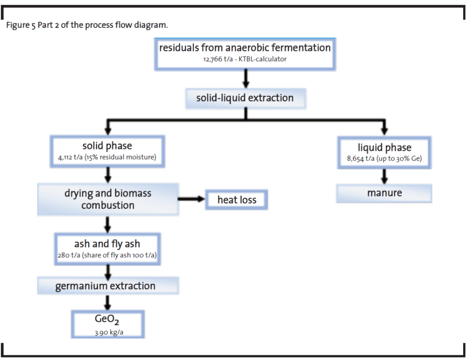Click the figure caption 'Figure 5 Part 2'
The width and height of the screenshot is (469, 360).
(x=87, y=25)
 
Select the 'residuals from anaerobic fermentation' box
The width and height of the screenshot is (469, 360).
(x=245, y=53)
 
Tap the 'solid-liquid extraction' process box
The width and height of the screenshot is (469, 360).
(x=245, y=98)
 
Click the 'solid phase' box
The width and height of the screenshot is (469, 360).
(x=108, y=151)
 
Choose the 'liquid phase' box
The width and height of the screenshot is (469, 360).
(x=384, y=152)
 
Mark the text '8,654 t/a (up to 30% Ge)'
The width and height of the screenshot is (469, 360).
(x=384, y=159)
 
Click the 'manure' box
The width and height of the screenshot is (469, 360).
(x=384, y=193)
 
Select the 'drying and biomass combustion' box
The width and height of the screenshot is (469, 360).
(x=108, y=199)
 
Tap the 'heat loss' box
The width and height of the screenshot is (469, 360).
(x=236, y=200)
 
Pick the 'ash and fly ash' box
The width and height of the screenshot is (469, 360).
(x=108, y=248)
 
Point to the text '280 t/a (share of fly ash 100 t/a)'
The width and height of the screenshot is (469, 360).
(x=108, y=255)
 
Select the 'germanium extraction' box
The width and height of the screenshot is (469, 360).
(x=108, y=286)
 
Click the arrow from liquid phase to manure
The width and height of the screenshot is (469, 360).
(x=384, y=176)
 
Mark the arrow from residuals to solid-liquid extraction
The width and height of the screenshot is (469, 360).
(x=245, y=79)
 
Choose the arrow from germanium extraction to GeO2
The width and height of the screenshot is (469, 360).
(x=108, y=302)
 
